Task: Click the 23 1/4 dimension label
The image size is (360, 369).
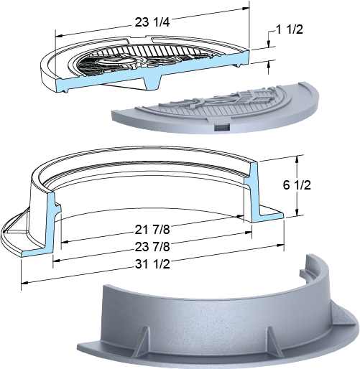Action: (x=152, y=22)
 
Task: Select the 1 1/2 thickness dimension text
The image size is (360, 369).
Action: (x=290, y=29)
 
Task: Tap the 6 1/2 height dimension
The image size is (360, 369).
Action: (x=297, y=185)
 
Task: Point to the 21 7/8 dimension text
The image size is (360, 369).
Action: (x=152, y=230)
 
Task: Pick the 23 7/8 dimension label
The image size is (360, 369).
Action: (x=152, y=247)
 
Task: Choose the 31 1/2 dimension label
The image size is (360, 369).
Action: (x=152, y=264)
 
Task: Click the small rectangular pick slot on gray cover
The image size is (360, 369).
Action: (x=221, y=128)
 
